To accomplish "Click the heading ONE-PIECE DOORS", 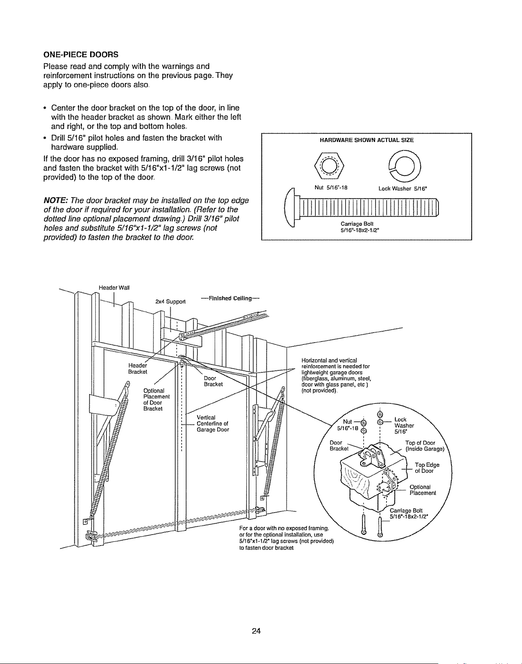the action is click(x=81, y=55).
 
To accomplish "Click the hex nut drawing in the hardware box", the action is click(x=329, y=166).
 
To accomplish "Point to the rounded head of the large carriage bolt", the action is click(x=289, y=207).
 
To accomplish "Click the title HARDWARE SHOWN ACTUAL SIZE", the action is click(x=366, y=140).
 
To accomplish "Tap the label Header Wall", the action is click(x=114, y=288).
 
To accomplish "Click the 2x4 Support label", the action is click(x=170, y=302).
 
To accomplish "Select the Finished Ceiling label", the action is click(x=230, y=298).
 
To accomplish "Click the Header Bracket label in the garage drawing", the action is click(x=138, y=369).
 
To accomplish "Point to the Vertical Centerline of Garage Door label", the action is click(x=213, y=424).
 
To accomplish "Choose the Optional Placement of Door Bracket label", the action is click(x=156, y=399).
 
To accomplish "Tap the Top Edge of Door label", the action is click(x=427, y=468).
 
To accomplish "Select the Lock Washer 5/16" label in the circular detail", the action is click(x=404, y=426).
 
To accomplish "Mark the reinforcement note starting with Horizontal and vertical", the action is click(x=336, y=375).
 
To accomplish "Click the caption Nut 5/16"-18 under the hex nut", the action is click(x=331, y=188).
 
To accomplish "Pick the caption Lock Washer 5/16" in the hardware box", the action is click(x=403, y=189).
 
